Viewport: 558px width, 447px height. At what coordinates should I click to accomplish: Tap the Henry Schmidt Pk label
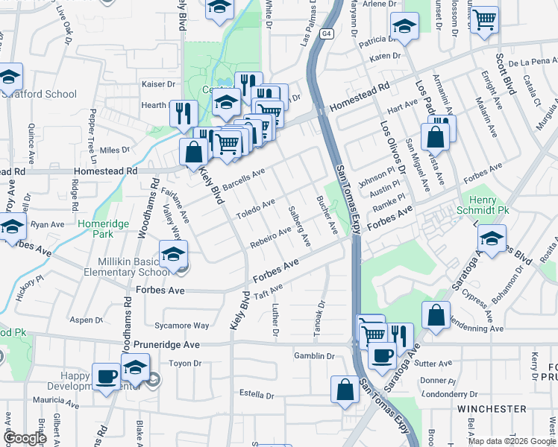(x=489, y=206)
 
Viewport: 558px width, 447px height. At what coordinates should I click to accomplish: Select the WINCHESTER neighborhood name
(x=491, y=409)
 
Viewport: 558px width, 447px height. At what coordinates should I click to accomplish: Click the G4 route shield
(x=325, y=34)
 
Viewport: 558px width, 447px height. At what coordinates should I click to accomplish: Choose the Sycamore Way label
(x=180, y=326)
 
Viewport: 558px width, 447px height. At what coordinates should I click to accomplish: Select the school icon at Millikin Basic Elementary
(x=173, y=254)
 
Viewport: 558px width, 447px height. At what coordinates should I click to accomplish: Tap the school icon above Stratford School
(x=10, y=76)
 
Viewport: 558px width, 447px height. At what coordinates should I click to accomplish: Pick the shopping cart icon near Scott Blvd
(x=485, y=19)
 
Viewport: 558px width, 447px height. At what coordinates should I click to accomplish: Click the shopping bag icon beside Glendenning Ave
(x=436, y=314)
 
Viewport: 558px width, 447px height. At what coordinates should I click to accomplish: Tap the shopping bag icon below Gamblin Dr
(x=345, y=389)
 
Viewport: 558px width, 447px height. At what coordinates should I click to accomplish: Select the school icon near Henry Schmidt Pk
(x=492, y=239)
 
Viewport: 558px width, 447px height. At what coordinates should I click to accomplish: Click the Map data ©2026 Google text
(x=511, y=441)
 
